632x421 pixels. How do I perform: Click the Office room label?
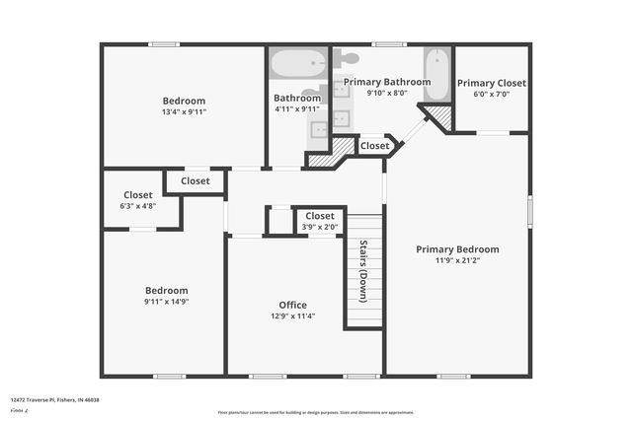click(292, 305)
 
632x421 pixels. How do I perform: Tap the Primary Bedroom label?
click(457, 249)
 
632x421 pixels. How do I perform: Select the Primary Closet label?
click(491, 84)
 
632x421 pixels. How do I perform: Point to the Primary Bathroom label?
click(386, 82)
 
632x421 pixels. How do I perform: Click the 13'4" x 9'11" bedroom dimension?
click(184, 111)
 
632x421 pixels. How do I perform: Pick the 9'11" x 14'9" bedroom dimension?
click(166, 302)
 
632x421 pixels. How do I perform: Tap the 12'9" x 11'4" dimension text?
click(292, 316)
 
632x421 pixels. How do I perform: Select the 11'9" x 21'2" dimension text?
click(457, 260)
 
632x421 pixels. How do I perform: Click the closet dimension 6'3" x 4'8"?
click(137, 206)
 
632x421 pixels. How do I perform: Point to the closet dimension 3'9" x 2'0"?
click(320, 226)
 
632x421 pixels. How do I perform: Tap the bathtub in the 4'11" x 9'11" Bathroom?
click(297, 65)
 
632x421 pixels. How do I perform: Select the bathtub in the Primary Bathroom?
click(437, 75)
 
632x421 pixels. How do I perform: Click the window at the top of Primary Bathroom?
click(389, 43)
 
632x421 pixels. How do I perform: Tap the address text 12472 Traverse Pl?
click(55, 400)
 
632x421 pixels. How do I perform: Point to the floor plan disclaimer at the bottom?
click(315, 413)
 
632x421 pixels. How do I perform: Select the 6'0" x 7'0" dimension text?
click(491, 95)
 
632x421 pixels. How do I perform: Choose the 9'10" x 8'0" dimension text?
click(386, 93)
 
